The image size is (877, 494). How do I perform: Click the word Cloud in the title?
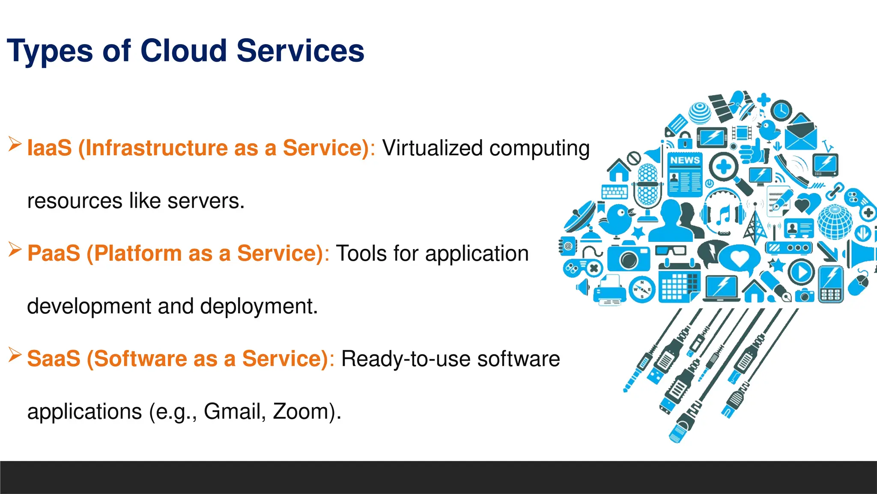coord(183,51)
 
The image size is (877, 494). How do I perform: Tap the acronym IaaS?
coord(49,148)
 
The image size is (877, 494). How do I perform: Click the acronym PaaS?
coord(54,253)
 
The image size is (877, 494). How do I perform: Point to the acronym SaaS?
coord(54,359)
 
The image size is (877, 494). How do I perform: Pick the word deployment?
coord(259,307)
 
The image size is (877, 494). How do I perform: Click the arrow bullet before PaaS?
coord(15,249)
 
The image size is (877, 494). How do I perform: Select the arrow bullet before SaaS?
coord(15,355)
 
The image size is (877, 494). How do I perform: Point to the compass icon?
coord(642,289)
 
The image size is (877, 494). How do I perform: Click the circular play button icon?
coord(801,272)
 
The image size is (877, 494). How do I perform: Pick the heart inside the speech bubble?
coord(739,258)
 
